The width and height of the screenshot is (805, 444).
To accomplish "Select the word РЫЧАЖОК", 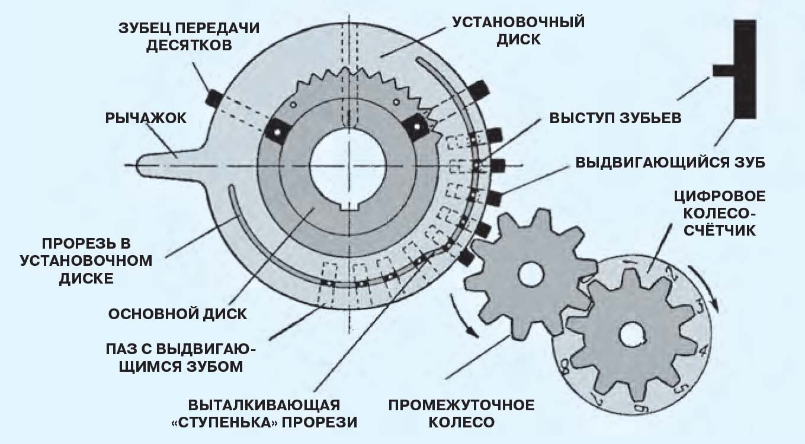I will click(x=146, y=118).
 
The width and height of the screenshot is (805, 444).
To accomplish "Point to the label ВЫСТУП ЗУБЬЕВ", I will click(x=615, y=117).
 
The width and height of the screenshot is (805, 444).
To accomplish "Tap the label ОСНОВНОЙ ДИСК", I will click(x=177, y=313).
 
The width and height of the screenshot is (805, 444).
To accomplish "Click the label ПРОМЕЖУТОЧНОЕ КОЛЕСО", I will click(x=461, y=414).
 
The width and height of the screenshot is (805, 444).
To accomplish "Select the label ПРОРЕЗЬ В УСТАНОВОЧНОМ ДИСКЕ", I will click(x=86, y=260).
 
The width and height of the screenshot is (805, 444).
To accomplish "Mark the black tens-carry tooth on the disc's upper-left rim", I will click(x=214, y=95).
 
